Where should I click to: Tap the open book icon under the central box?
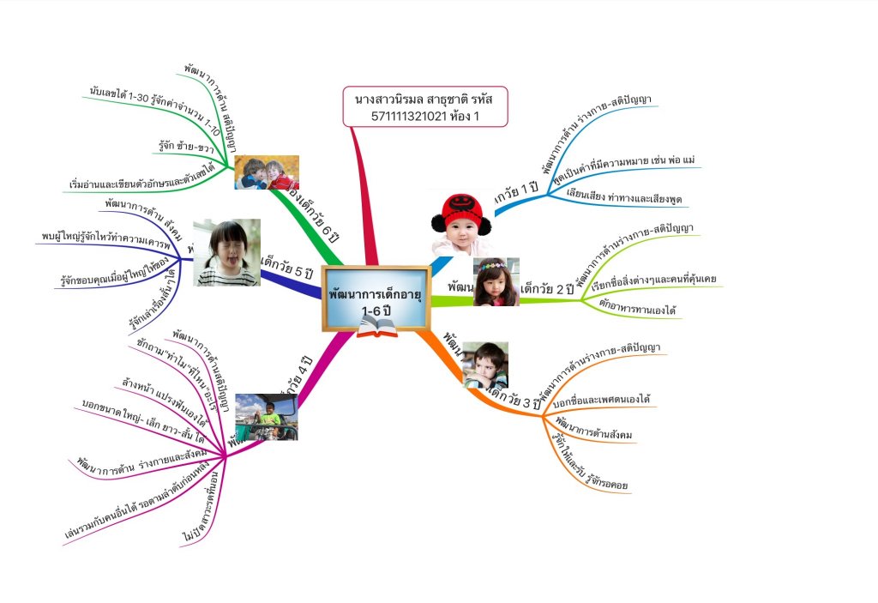pos(375,327)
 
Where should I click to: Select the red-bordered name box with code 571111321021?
pos(425,106)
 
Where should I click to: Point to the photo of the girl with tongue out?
pos(226,252)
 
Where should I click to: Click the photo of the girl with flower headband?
pos(496,281)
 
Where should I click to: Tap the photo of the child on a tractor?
pos(267,417)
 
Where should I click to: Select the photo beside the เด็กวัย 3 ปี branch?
pos(485,365)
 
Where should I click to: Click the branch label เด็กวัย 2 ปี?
pos(547,289)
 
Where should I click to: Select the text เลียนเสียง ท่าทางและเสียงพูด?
pos(623,196)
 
